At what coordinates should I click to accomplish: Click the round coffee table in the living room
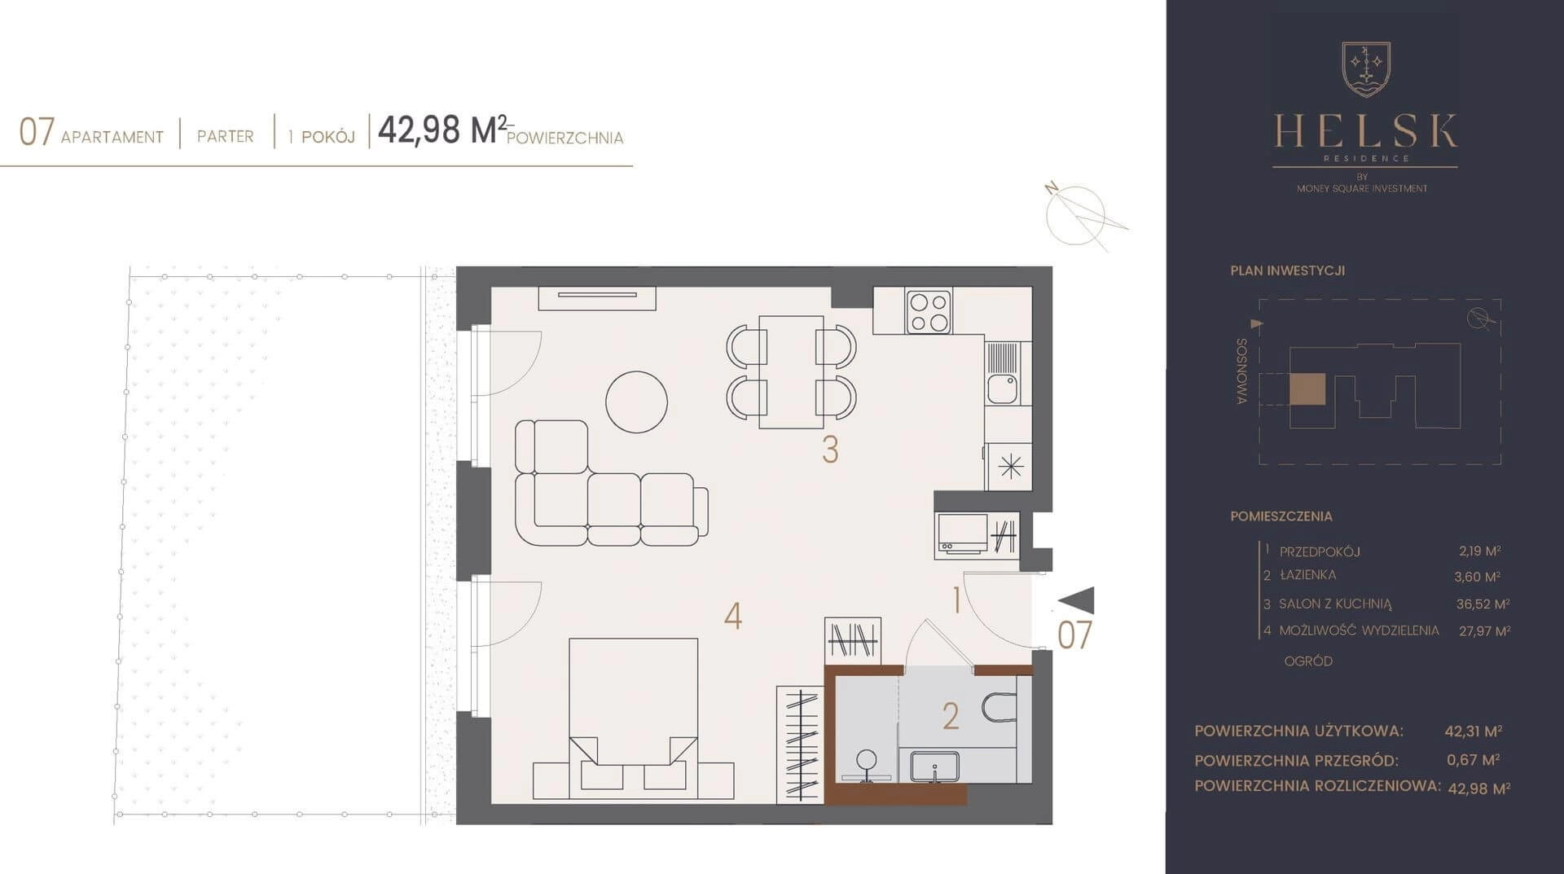click(636, 402)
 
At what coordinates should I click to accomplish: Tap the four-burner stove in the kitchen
click(929, 312)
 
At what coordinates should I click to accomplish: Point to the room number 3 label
click(830, 450)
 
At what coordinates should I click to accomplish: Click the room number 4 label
click(733, 617)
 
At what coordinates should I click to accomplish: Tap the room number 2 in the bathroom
click(951, 716)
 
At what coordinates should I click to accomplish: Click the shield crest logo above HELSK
click(1366, 69)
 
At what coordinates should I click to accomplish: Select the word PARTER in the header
click(226, 136)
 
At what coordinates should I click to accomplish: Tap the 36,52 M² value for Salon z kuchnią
click(1483, 604)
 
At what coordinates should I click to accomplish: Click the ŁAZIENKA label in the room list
click(1307, 575)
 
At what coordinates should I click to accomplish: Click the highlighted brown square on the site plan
click(1307, 389)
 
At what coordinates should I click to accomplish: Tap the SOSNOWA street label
click(1241, 371)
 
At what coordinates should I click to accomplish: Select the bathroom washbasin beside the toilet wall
click(934, 766)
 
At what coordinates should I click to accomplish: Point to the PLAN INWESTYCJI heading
click(1287, 270)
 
